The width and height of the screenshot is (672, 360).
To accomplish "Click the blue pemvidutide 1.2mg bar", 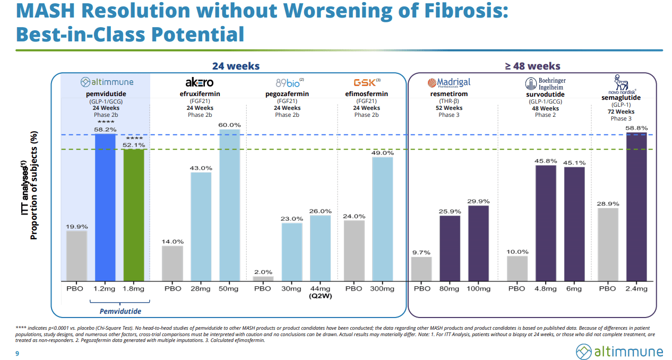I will [105, 207].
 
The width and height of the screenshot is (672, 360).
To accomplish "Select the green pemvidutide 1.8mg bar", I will [134, 215].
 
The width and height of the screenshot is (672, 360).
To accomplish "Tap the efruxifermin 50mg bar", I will [229, 205].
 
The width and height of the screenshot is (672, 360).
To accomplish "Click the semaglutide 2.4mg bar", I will [637, 207].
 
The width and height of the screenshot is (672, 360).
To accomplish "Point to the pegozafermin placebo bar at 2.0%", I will [263, 278].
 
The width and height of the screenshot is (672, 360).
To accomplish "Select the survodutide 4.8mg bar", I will [546, 223].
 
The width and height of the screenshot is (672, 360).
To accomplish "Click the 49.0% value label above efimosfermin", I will [382, 153].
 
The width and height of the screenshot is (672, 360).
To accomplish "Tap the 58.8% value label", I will [637, 128].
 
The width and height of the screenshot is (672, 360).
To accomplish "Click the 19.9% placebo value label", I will [76, 227].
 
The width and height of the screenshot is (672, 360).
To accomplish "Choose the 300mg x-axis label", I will [382, 289].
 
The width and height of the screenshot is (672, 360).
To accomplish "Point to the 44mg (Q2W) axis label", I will [321, 293].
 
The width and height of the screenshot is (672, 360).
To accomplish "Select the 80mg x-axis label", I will [450, 289].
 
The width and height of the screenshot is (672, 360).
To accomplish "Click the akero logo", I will [200, 82].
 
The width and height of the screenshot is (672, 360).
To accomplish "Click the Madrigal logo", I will [449, 83].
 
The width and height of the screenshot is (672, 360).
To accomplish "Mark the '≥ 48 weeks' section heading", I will [532, 66].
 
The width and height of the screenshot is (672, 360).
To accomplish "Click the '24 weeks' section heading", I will [236, 66].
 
